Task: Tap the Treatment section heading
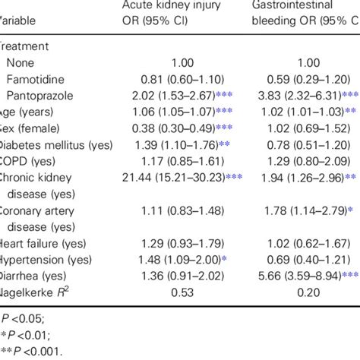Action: (23, 45)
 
